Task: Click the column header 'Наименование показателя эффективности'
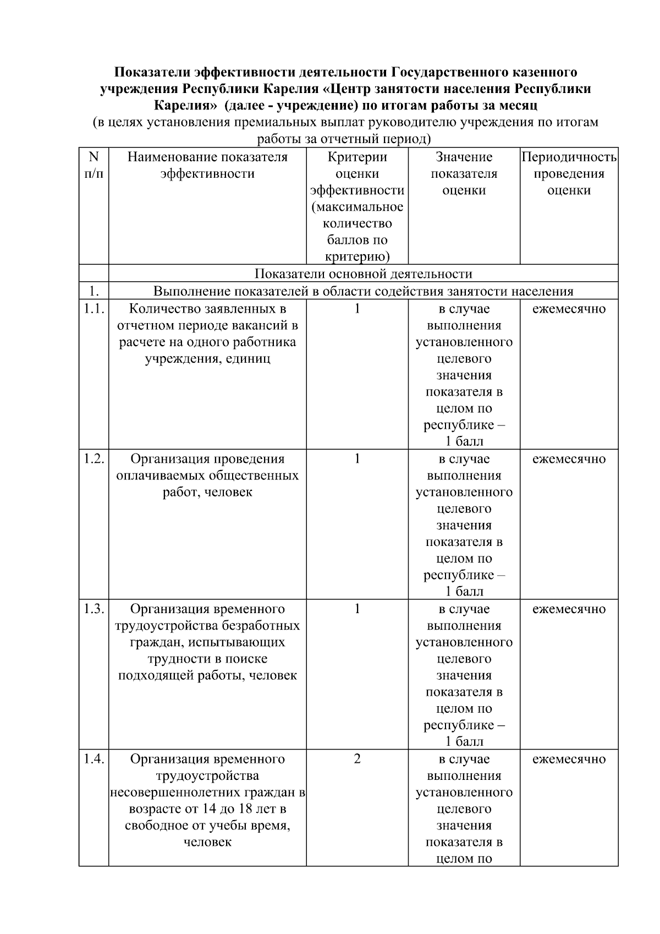click(207, 165)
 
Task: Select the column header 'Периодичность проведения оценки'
click(569, 173)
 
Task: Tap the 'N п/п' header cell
click(94, 165)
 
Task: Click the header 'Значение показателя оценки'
click(464, 173)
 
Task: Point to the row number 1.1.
click(94, 309)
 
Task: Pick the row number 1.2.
click(94, 459)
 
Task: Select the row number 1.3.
click(94, 609)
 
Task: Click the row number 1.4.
click(94, 759)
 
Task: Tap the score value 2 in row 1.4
click(357, 759)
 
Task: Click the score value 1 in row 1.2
click(357, 459)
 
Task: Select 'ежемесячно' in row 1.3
click(569, 609)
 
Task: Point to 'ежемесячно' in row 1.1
click(569, 309)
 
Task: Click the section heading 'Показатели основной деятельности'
click(363, 274)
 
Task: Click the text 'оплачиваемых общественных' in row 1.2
click(207, 476)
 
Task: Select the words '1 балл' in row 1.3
click(464, 741)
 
